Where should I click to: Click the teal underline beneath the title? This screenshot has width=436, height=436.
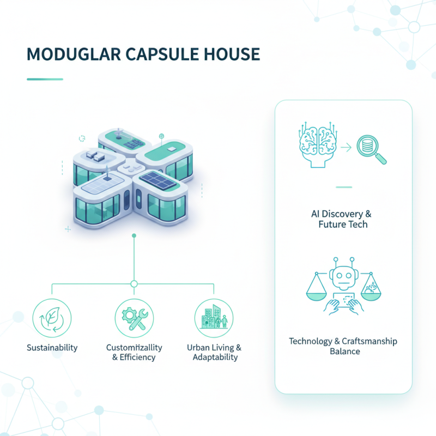45,79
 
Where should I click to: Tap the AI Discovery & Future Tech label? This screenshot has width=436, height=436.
343,219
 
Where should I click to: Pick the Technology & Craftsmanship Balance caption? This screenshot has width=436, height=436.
343,346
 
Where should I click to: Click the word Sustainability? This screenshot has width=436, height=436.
52,348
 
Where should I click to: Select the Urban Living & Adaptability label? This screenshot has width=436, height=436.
214,353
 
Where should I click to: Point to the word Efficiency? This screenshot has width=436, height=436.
138,358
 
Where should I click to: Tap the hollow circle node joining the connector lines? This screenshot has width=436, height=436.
134,284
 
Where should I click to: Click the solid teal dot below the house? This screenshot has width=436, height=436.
134,235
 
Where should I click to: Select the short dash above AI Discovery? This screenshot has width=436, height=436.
343,187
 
